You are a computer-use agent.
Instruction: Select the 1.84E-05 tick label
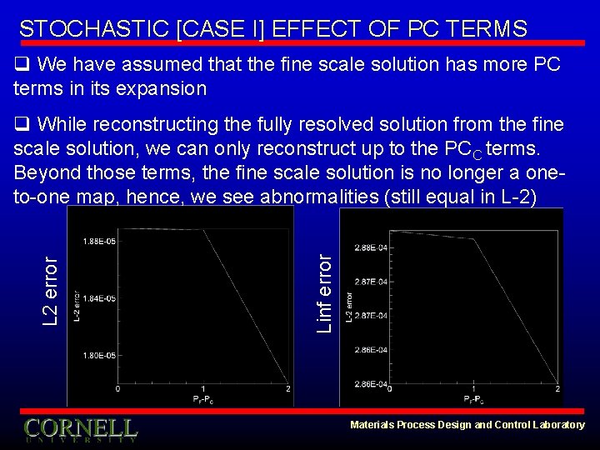100,297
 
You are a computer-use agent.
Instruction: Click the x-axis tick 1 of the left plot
202,388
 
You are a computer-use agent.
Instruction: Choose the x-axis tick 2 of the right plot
556,388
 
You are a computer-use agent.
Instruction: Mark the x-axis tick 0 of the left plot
117,388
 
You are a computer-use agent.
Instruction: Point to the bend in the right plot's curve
473,240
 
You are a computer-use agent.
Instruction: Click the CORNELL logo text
80,428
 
